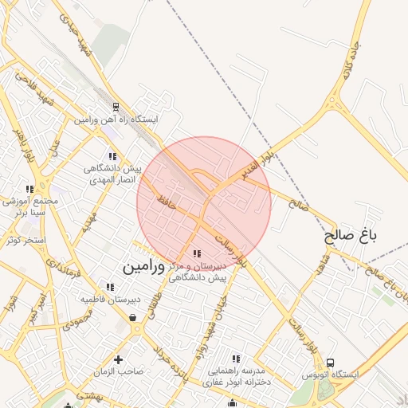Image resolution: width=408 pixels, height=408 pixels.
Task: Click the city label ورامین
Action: pyautogui.click(x=144, y=268)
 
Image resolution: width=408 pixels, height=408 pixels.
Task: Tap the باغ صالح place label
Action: pyautogui.click(x=350, y=236)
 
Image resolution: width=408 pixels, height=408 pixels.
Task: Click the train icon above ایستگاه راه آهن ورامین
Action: pyautogui.click(x=116, y=106)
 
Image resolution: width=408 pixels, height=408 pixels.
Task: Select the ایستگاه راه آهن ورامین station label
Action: pyautogui.click(x=116, y=120)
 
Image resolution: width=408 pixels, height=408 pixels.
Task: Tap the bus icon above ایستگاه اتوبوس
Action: pyautogui.click(x=331, y=361)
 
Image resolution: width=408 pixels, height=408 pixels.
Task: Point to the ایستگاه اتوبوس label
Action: pyautogui.click(x=331, y=374)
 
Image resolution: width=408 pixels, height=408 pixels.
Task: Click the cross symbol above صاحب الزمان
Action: pyautogui.click(x=119, y=359)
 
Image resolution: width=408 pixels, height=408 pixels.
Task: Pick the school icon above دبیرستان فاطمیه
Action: pyautogui.click(x=110, y=287)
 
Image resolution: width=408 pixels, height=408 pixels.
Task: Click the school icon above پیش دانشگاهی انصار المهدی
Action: pyautogui.click(x=112, y=156)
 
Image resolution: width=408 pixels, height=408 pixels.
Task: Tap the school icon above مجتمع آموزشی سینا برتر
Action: pyautogui.click(x=29, y=190)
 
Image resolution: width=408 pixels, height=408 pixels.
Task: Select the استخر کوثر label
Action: pyautogui.click(x=24, y=240)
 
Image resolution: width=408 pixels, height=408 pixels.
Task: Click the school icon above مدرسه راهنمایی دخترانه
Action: pyautogui.click(x=235, y=359)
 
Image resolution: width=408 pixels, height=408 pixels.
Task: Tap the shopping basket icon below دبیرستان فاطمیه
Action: pyautogui.click(x=131, y=318)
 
